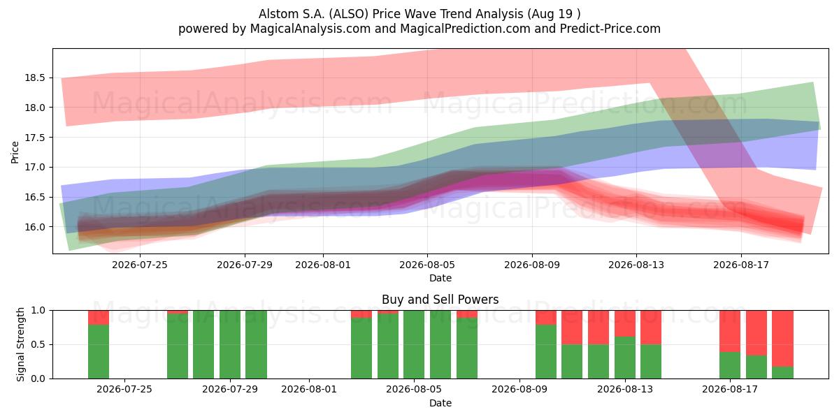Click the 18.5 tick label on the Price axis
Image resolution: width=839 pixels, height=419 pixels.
pos(35,78)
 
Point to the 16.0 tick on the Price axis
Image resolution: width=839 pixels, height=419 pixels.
pos(35,227)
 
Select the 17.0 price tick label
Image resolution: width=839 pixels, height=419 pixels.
pos(35,167)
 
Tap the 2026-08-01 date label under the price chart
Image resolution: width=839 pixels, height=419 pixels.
pos(323,265)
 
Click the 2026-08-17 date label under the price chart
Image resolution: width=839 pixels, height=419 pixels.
pos(741,265)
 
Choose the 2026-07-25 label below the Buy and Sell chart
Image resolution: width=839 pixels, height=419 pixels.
pos(124,389)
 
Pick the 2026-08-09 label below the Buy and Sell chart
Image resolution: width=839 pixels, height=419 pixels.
pos(519,389)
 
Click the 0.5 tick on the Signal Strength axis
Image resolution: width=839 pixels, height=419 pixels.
pos(38,344)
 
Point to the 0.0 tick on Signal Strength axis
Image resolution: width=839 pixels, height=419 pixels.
pos(38,378)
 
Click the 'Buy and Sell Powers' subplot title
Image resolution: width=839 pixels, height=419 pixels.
pos(440,300)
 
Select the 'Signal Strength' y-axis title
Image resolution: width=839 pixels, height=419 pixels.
pos(20,344)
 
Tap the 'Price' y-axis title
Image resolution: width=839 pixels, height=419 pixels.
pos(15,152)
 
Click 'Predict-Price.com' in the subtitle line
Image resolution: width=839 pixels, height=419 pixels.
pos(610,29)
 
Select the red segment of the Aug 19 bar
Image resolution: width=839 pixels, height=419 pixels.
pos(782,339)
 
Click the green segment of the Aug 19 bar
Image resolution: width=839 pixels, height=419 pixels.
pos(782,373)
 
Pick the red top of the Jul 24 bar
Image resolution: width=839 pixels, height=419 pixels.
pos(99,318)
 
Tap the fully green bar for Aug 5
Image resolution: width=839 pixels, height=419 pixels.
pos(414,344)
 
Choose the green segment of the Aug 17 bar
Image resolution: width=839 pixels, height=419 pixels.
pos(730,365)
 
